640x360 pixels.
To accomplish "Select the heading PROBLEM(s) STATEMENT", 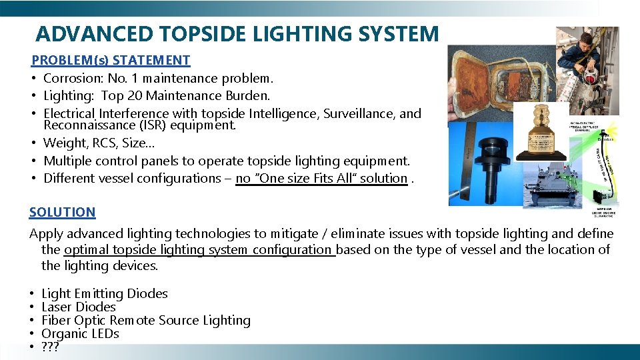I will pos(111,60).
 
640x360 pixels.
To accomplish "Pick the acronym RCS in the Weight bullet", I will pos(104,143).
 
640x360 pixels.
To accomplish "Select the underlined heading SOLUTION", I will pos(62,212).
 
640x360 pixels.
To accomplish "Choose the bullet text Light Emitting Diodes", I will pos(104,293).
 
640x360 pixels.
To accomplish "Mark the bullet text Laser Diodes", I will pos(78,307).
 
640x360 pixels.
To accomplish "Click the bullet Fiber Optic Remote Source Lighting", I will pos(145,320).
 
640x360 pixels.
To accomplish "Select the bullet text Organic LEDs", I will pos(80,333).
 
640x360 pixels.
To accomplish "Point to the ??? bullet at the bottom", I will pos(50,347).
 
